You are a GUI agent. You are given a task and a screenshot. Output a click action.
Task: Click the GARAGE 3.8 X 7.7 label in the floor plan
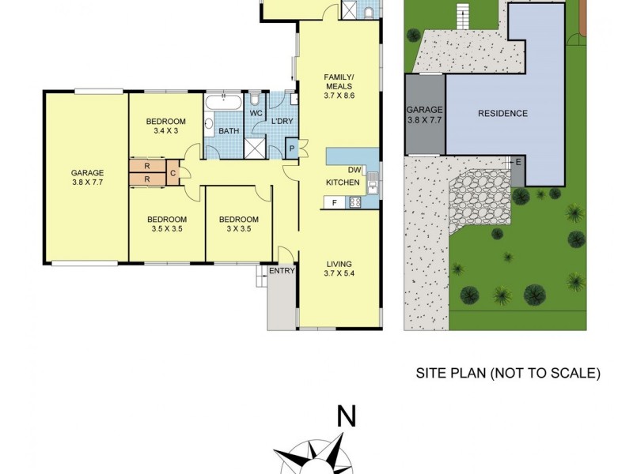coord(87,177)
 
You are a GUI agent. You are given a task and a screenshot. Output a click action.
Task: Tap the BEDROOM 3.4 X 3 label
coord(166,126)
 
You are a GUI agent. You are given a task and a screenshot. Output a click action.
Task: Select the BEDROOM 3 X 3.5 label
coord(238,224)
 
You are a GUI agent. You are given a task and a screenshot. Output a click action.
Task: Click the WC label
coord(256,113)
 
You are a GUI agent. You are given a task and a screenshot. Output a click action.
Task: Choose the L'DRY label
coord(282,121)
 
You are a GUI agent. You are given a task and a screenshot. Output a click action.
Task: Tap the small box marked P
coord(291,149)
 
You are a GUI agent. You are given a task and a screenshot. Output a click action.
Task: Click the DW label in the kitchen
coord(354,170)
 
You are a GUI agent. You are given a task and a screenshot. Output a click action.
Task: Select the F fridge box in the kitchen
coord(335,202)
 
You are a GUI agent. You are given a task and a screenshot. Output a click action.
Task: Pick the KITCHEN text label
coord(343,183)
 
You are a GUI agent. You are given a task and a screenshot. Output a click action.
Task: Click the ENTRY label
coord(282,271)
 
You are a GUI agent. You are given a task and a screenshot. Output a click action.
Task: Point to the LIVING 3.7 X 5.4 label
coord(338,269)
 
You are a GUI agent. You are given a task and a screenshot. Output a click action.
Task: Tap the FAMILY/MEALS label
coord(339,82)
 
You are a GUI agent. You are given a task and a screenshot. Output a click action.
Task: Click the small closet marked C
coord(172,173)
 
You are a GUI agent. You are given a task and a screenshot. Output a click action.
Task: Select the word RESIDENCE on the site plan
coord(502,114)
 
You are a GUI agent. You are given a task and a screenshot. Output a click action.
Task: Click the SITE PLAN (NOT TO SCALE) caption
coord(508,373)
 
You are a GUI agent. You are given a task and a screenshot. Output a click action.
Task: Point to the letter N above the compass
coord(345,416)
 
